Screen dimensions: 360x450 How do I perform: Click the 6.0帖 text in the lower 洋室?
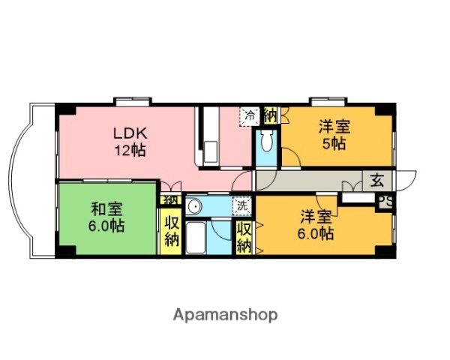coord(317,233)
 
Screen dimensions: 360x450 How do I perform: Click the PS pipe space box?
coord(385,201)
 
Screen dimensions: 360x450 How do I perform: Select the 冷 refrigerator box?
coord(249,115)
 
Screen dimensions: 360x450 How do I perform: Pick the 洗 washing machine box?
coord(242,204)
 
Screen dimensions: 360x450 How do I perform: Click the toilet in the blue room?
coord(265,142)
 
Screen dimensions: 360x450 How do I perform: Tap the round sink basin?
coord(193,205)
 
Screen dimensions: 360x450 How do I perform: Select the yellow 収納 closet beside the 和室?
coord(169,232)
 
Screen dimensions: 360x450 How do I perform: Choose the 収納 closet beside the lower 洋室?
coord(244,237)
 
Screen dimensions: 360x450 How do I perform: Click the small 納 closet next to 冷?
coord(270,115)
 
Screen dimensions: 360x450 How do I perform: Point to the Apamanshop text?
coord(225,314)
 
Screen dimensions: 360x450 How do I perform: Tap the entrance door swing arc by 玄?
coord(406,180)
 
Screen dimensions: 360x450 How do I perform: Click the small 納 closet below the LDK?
coord(169,200)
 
